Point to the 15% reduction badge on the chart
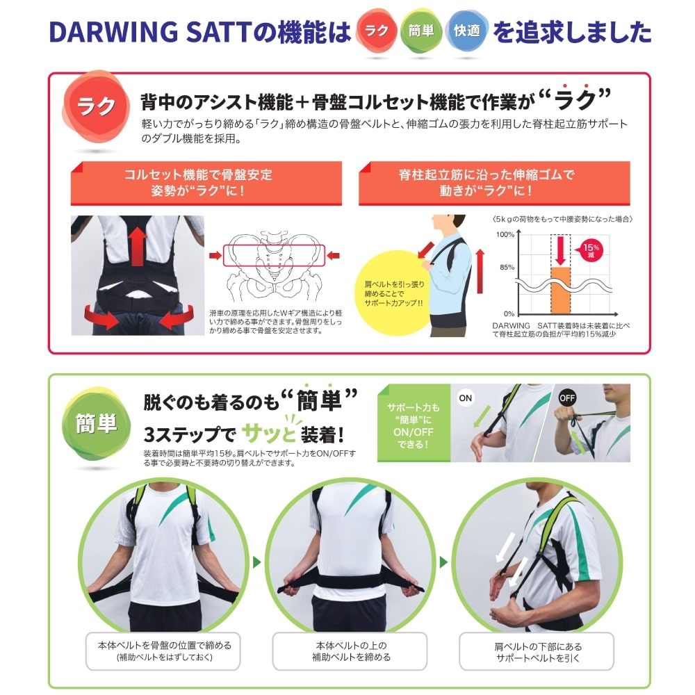(x=590, y=250)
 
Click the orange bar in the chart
(x=561, y=291)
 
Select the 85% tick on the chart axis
(x=507, y=268)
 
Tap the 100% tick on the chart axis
(x=505, y=234)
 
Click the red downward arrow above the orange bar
(x=561, y=250)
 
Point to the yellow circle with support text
(x=393, y=293)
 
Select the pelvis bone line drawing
(x=275, y=267)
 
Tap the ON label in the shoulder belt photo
(x=466, y=398)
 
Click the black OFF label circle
(x=567, y=398)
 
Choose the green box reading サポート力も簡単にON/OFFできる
(x=414, y=423)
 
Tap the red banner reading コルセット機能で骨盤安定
(x=206, y=183)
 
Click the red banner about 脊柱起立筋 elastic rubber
(x=494, y=183)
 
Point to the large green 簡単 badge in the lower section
(x=96, y=423)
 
